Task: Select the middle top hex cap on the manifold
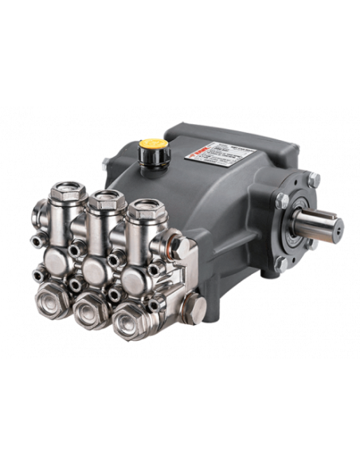(x=104, y=204)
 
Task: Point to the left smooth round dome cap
(x=60, y=258)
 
